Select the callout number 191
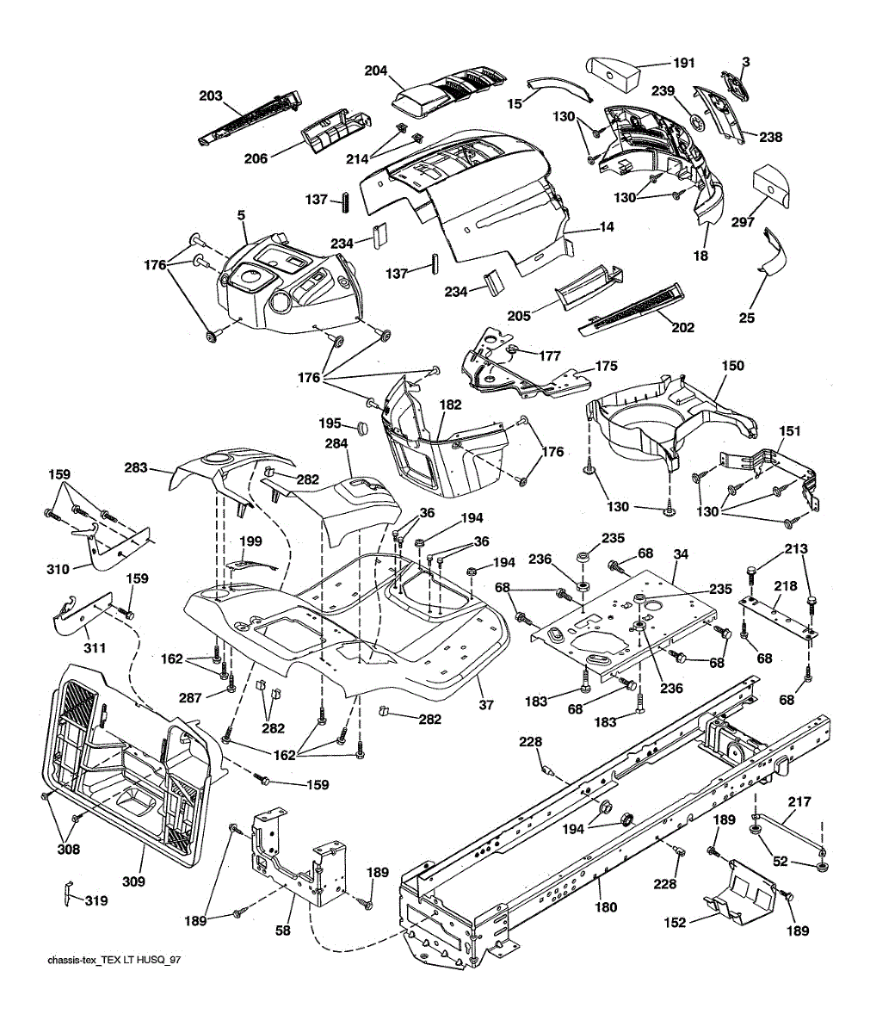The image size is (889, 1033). [x=683, y=64]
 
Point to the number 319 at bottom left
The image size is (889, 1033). [x=96, y=901]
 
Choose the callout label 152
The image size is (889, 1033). [x=676, y=923]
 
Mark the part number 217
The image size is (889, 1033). [x=799, y=802]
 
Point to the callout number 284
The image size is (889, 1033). [x=336, y=444]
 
